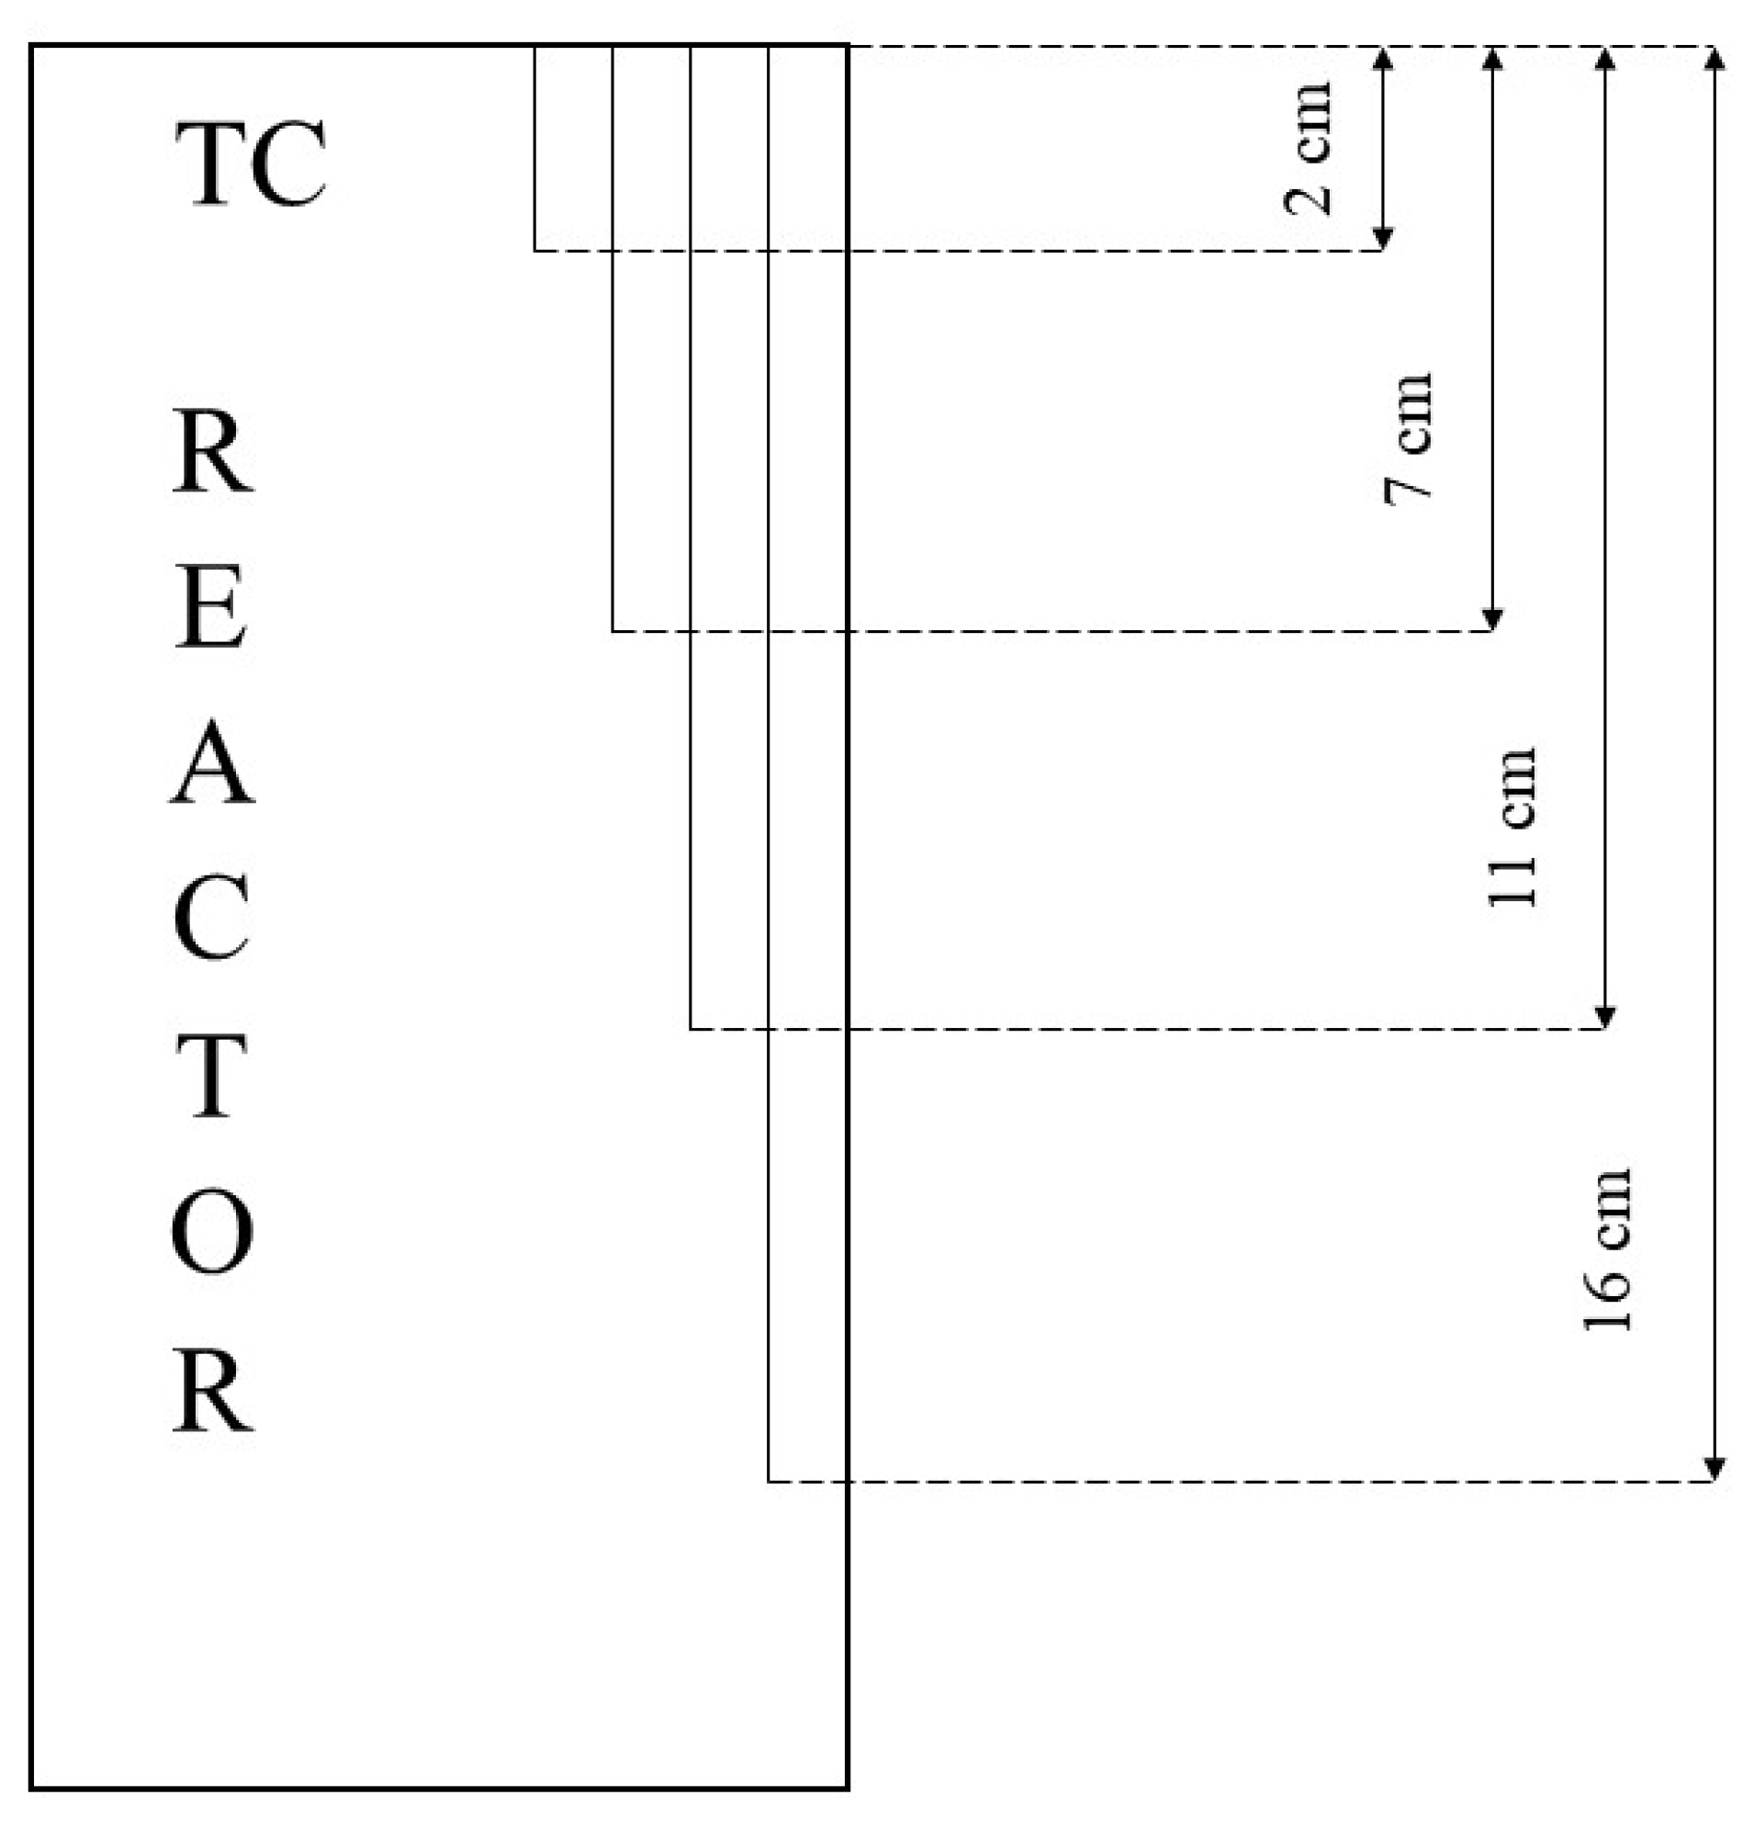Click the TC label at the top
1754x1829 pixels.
click(251, 164)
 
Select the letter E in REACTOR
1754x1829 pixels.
click(212, 606)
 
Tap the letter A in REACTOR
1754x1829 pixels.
click(212, 762)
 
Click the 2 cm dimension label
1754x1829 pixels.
click(1308, 150)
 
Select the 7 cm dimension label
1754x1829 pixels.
click(1408, 438)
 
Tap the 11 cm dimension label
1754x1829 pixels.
click(1511, 828)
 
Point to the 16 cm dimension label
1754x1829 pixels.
click(1609, 1249)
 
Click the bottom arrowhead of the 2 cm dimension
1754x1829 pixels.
click(1384, 240)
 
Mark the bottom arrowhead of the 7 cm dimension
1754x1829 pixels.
click(1493, 621)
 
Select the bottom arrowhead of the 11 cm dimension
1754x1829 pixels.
click(1604, 1018)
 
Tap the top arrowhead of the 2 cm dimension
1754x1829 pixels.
click(1384, 58)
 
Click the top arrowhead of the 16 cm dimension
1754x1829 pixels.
click(1714, 58)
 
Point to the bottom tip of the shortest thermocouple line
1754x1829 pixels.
click(534, 250)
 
